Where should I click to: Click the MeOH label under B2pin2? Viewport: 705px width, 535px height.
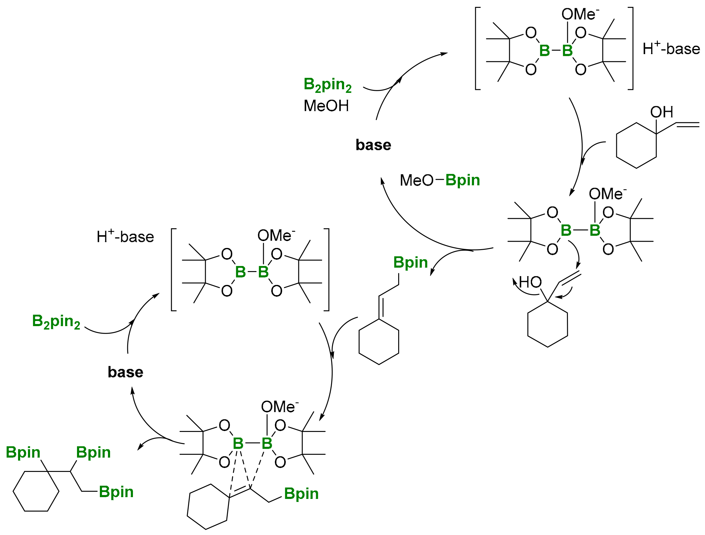pyautogui.click(x=326, y=106)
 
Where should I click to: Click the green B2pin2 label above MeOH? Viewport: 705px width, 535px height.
pyautogui.click(x=327, y=85)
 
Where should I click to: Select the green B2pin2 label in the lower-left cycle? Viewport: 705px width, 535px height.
pyautogui.click(x=56, y=322)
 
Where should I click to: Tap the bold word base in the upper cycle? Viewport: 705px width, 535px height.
pyautogui.click(x=373, y=145)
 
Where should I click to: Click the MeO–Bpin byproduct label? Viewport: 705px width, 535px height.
pyautogui.click(x=439, y=180)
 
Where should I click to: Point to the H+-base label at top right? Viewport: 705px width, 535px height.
pyautogui.click(x=671, y=49)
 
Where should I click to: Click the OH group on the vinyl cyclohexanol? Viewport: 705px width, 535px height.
pyautogui.click(x=661, y=112)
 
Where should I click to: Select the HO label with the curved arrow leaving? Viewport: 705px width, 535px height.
pyautogui.click(x=530, y=282)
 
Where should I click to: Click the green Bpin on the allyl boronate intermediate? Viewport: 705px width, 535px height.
pyautogui.click(x=410, y=262)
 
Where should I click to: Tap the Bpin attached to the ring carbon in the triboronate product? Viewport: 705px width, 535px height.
pyautogui.click(x=23, y=453)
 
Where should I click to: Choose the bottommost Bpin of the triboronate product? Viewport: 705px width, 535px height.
pyautogui.click(x=116, y=492)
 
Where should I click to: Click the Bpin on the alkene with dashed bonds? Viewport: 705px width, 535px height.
pyautogui.click(x=301, y=494)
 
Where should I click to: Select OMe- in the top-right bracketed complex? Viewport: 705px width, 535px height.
pyautogui.click(x=580, y=15)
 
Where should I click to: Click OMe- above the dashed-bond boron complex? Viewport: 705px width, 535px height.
pyautogui.click(x=279, y=407)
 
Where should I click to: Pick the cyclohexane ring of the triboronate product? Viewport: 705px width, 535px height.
pyautogui.click(x=36, y=491)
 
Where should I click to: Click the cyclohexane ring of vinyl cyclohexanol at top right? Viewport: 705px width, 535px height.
pyautogui.click(x=636, y=145)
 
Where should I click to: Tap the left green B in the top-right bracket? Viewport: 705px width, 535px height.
pyautogui.click(x=544, y=50)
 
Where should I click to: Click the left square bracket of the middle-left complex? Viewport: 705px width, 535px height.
pyautogui.click(x=172, y=269)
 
